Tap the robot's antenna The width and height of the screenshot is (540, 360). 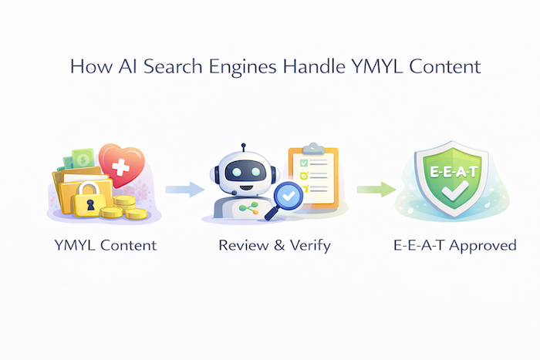coord(243,147)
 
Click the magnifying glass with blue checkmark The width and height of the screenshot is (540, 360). coord(285,197)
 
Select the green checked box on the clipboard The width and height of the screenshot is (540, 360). coord(304,163)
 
